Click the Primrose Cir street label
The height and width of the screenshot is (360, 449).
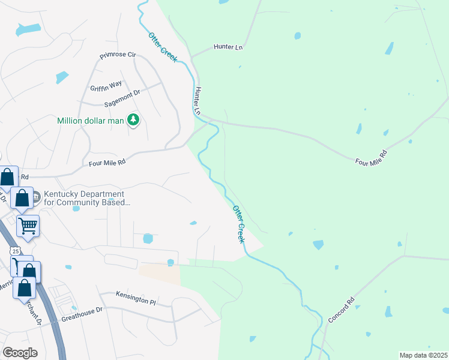click(x=118, y=55)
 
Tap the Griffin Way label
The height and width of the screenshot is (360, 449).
click(x=106, y=85)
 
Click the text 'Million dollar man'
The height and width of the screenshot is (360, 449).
click(x=90, y=121)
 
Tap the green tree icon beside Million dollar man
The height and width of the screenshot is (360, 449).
click(x=133, y=121)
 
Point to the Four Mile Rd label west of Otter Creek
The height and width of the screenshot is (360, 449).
click(x=107, y=162)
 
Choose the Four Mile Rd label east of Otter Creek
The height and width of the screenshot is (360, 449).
click(x=372, y=158)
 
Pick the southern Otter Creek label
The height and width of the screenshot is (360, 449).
click(x=238, y=224)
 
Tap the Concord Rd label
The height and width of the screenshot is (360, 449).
click(x=342, y=310)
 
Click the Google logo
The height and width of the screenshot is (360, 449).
click(x=20, y=352)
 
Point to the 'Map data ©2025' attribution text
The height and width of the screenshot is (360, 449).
click(x=423, y=355)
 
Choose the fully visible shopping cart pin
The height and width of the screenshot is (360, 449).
click(x=28, y=226)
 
